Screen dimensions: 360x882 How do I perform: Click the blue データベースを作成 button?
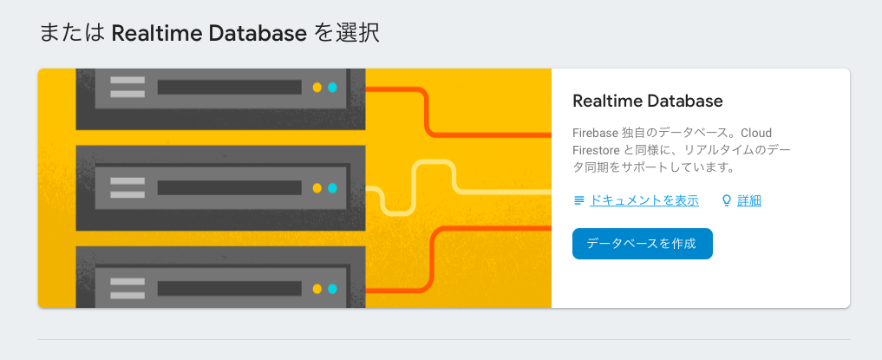click(x=642, y=244)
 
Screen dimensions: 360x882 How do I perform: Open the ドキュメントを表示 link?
click(x=644, y=200)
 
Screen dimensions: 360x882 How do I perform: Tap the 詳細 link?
click(x=749, y=200)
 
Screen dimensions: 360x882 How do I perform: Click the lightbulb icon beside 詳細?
click(x=728, y=200)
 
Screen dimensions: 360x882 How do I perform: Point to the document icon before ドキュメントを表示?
click(x=579, y=200)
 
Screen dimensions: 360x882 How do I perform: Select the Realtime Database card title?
click(x=648, y=101)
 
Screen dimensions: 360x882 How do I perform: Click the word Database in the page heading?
click(x=265, y=34)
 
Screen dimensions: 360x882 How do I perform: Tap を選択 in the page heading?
click(x=347, y=34)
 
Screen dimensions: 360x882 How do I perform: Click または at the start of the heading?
click(x=73, y=34)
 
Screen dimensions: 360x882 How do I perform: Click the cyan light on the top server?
click(x=332, y=88)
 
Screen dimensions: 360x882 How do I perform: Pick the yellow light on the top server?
click(x=317, y=88)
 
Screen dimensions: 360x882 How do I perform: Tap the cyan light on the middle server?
click(x=332, y=188)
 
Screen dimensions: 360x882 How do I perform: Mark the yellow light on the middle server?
click(x=317, y=188)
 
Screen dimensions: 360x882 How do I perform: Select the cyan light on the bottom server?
click(x=332, y=289)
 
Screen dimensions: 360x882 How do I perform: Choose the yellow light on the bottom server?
click(x=317, y=289)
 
